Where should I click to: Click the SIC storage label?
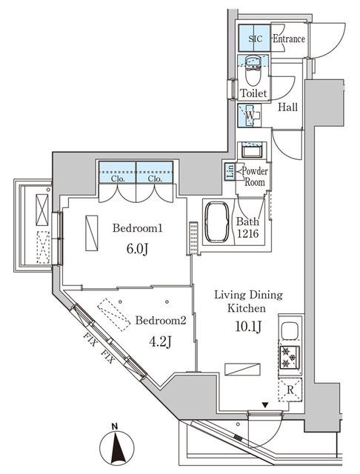254,39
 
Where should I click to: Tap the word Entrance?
289,39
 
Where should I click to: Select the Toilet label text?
253,94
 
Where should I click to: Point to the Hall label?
288,108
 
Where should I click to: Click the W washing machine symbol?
252,117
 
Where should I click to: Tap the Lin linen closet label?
230,172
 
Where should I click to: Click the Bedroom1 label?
136,229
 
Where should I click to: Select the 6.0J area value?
136,250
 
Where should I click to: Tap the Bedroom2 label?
160,321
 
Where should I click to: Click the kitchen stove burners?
288,358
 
